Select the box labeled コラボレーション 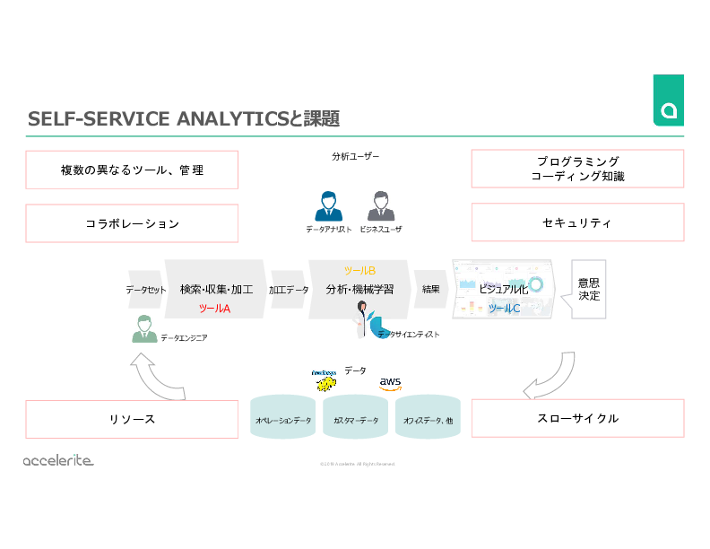[132, 223]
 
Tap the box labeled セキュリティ [577, 222]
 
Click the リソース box [132, 419]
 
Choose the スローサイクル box [577, 419]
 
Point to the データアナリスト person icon [328, 205]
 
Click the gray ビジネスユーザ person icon [380, 205]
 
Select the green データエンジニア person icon [143, 329]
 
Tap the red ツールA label [214, 308]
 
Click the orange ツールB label [359, 270]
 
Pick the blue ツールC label [504, 309]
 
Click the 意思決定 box [589, 289]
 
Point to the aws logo [390, 382]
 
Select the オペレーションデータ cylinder [283, 420]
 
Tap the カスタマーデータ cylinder [356, 420]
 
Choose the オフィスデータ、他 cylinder [428, 420]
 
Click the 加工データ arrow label [289, 290]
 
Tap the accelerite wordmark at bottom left [58, 460]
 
